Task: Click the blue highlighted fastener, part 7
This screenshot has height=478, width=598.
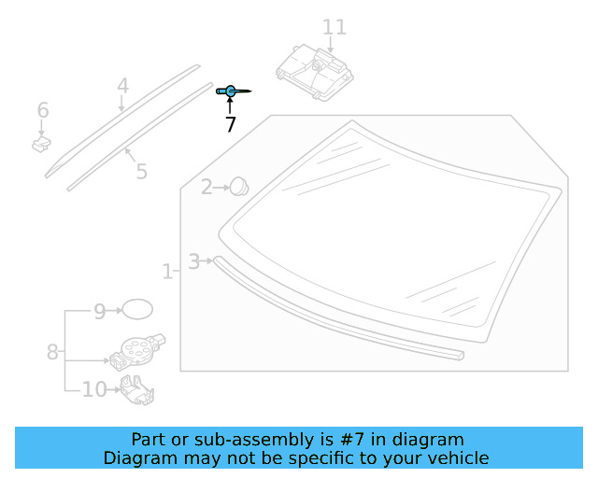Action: pyautogui.click(x=231, y=91)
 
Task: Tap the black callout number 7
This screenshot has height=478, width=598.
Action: pyautogui.click(x=231, y=125)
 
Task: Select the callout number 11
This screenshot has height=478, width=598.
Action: pyautogui.click(x=335, y=27)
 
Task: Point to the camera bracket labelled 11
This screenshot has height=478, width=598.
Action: pyautogui.click(x=315, y=73)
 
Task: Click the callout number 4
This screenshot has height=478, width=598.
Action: pyautogui.click(x=122, y=86)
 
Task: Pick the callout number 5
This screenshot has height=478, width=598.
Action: pyautogui.click(x=141, y=172)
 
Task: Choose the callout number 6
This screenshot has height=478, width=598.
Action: pyautogui.click(x=43, y=110)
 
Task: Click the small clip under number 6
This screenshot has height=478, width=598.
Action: pyautogui.click(x=41, y=144)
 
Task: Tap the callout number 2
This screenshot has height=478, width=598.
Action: pyautogui.click(x=206, y=187)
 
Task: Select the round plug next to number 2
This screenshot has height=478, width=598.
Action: pyautogui.click(x=240, y=186)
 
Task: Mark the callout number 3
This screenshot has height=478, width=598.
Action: pyautogui.click(x=193, y=261)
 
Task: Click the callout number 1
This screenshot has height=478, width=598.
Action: pyautogui.click(x=167, y=272)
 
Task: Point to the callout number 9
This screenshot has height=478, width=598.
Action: pyautogui.click(x=100, y=312)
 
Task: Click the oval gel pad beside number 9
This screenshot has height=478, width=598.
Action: pyautogui.click(x=137, y=309)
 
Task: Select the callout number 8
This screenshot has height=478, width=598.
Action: pyautogui.click(x=52, y=352)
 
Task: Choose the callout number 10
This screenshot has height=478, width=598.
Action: pyautogui.click(x=94, y=389)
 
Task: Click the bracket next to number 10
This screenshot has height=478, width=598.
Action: pyautogui.click(x=137, y=390)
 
